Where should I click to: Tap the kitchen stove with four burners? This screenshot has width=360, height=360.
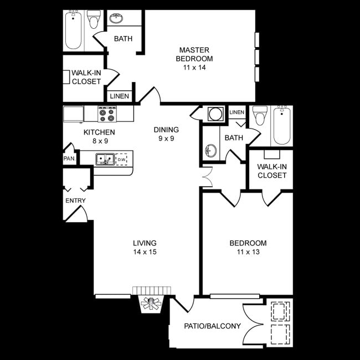click(x=107, y=114)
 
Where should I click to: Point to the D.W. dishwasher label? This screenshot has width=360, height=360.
click(x=121, y=160)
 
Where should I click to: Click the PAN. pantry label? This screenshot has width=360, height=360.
click(x=70, y=159)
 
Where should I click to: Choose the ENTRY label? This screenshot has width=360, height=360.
click(x=75, y=200)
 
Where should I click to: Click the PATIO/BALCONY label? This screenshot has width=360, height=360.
click(x=212, y=326)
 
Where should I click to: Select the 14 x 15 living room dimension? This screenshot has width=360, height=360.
click(x=145, y=252)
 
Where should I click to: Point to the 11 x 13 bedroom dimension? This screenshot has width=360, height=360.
click(x=248, y=252)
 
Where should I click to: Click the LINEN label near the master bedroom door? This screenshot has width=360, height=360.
click(x=119, y=96)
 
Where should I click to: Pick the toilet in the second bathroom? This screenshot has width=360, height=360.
click(x=259, y=117)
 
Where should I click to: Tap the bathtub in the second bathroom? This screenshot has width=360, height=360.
click(x=282, y=125)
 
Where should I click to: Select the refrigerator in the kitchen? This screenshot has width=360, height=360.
click(x=73, y=114)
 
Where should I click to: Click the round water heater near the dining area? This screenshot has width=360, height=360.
click(x=214, y=114)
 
